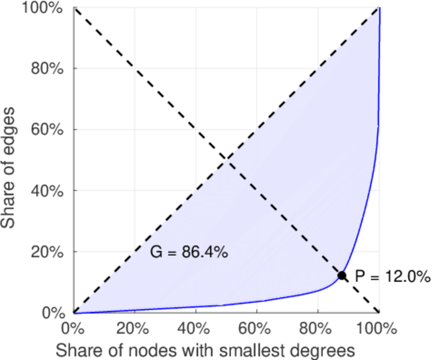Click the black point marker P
(x=342, y=275)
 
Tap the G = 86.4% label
(x=188, y=253)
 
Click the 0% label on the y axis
(x=53, y=313)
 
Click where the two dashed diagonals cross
(x=226, y=160)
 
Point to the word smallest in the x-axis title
(x=244, y=349)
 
